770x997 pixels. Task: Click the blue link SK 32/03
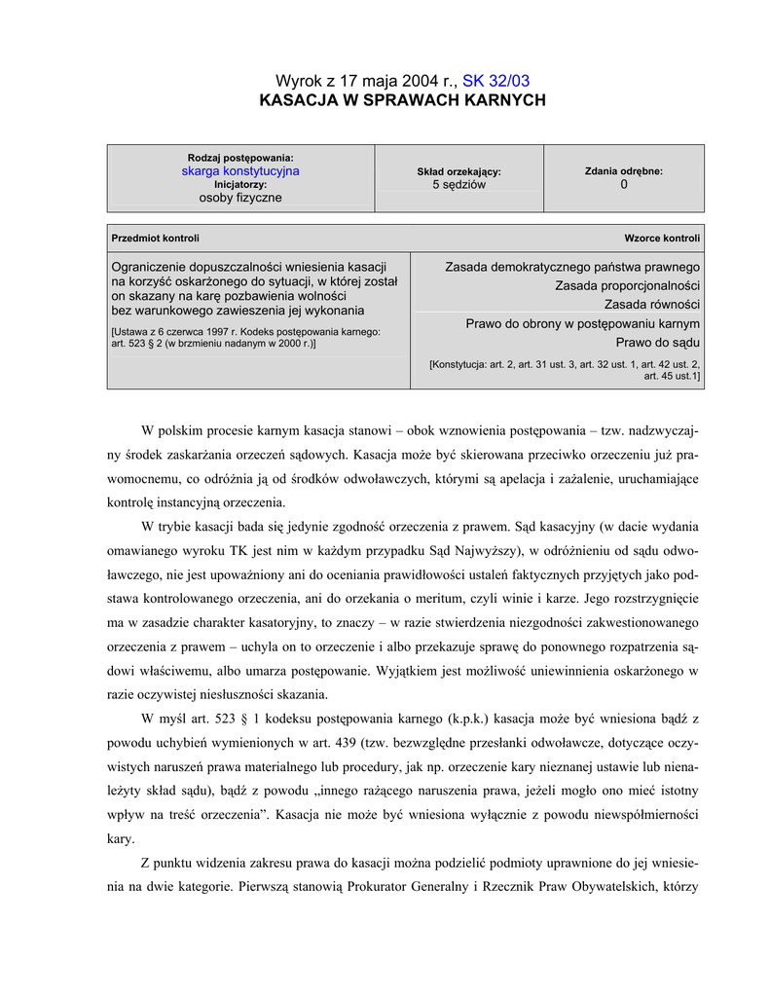click(x=502, y=81)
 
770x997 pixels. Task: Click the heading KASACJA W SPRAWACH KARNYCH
click(x=402, y=100)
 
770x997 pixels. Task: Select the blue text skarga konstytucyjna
click(x=240, y=170)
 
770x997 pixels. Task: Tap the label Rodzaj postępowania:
click(x=240, y=158)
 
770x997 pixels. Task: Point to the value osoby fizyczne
click(x=240, y=197)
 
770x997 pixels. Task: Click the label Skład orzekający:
click(x=458, y=171)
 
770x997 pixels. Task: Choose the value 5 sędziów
click(x=458, y=184)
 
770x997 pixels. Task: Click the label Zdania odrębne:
click(x=624, y=170)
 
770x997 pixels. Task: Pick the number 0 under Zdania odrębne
click(x=624, y=184)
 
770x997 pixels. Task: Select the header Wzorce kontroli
click(x=662, y=238)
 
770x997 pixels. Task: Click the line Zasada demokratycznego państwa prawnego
click(x=572, y=267)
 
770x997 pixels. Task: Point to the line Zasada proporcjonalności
click(x=628, y=286)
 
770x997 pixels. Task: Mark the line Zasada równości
click(x=652, y=305)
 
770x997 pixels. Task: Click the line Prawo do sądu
click(x=658, y=343)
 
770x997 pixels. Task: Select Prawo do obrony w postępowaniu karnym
click(x=582, y=323)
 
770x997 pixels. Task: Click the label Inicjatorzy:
click(x=240, y=184)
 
